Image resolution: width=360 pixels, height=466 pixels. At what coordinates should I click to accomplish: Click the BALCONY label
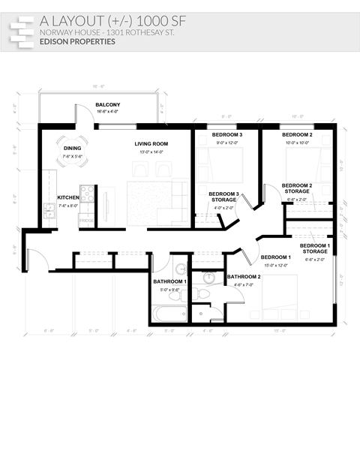click(x=107, y=104)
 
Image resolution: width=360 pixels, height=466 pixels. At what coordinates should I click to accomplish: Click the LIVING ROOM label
click(x=151, y=143)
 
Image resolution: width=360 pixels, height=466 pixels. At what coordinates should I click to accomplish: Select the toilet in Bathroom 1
click(x=180, y=293)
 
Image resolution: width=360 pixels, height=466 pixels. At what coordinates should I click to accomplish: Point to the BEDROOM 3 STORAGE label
click(x=223, y=197)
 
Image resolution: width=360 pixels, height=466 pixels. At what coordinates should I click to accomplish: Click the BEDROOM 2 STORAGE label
click(x=297, y=188)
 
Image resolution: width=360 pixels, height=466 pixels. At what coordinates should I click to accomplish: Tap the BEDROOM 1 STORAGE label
click(x=314, y=248)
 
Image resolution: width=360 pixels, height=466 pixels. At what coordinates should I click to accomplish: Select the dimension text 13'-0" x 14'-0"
click(x=151, y=152)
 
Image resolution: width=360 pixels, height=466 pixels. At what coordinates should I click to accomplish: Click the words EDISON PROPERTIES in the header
click(x=78, y=42)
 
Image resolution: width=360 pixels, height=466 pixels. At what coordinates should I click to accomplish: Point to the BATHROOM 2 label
click(x=244, y=277)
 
